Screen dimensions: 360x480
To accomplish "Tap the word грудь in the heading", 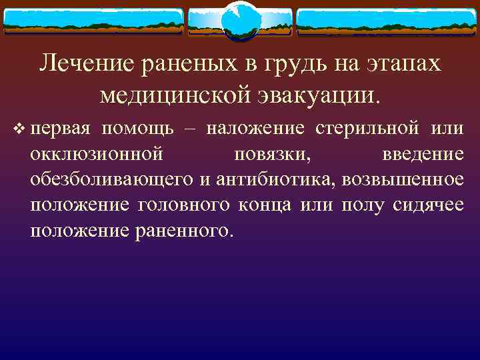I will click(293, 64).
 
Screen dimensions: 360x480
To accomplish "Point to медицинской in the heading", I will click(173, 95).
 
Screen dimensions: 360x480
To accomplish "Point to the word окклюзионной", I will click(96, 153).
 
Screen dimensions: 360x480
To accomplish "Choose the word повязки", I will click(275, 154).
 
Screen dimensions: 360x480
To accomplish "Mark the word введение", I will click(423, 153).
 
